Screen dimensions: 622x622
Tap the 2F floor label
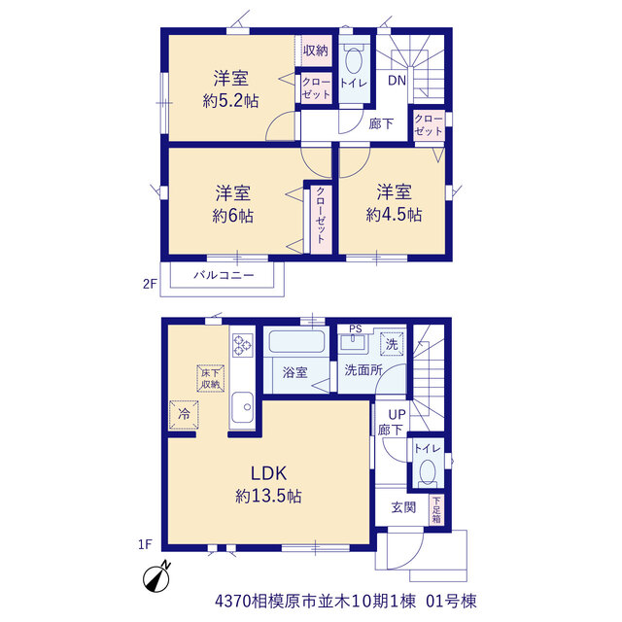(x=150, y=284)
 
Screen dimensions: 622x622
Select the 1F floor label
(x=145, y=544)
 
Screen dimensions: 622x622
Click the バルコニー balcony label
(x=224, y=275)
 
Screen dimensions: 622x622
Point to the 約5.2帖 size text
(x=231, y=101)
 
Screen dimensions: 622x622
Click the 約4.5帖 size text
(x=394, y=215)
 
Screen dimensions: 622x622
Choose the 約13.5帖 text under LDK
(x=268, y=496)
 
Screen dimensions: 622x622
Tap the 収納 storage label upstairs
(x=316, y=51)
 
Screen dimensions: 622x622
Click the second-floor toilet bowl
(x=354, y=59)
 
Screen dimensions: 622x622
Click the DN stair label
(x=397, y=81)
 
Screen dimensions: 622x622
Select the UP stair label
(x=397, y=415)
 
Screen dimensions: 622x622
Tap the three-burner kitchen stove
(x=243, y=345)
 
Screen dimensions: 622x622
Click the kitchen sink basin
(x=242, y=407)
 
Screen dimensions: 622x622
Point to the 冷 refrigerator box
(x=184, y=415)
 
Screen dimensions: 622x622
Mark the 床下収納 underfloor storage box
(x=211, y=378)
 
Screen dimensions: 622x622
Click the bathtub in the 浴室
(x=296, y=341)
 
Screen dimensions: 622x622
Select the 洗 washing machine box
(x=392, y=344)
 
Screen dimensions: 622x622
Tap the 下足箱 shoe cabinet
(x=436, y=509)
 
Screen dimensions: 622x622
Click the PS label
(x=356, y=328)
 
